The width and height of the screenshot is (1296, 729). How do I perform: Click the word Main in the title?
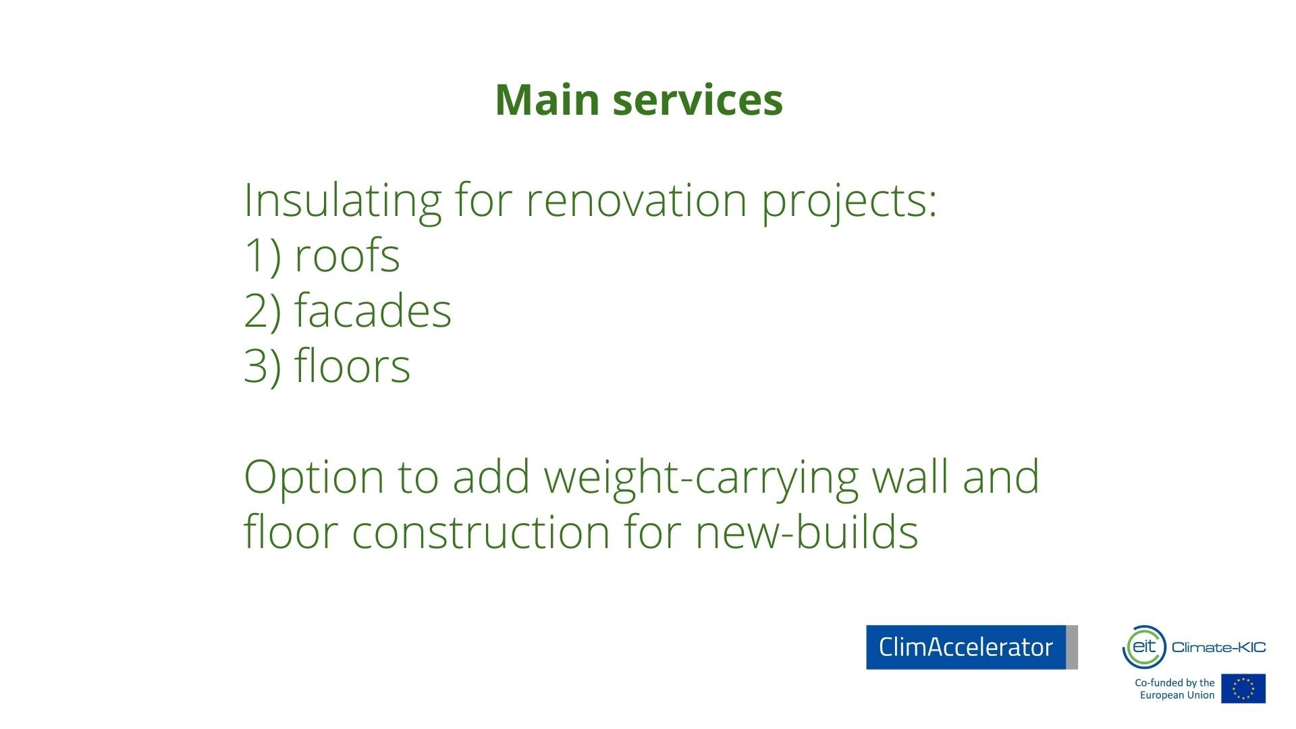click(547, 100)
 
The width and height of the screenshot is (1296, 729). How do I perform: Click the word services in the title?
click(697, 100)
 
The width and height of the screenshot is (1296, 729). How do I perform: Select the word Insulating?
click(342, 200)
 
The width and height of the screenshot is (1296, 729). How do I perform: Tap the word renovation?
click(637, 200)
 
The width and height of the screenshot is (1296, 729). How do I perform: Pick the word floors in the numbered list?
click(352, 366)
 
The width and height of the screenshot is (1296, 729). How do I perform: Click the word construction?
click(481, 533)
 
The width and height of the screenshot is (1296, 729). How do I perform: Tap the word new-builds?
click(807, 532)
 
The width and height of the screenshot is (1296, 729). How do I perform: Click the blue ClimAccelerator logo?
click(972, 647)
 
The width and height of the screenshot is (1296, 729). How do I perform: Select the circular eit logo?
click(1144, 647)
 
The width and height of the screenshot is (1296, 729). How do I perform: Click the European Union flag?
click(1243, 688)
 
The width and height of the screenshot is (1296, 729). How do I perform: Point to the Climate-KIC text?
click(1219, 647)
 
